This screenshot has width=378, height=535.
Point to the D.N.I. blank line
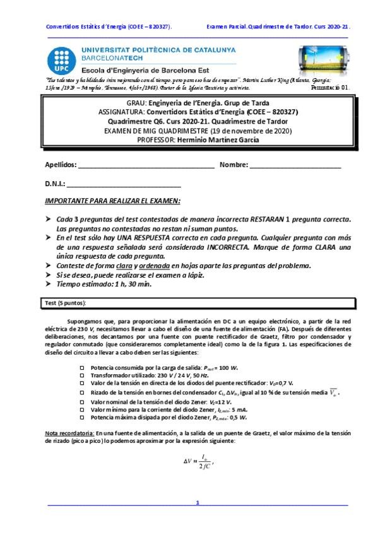pyautogui.click(x=123, y=185)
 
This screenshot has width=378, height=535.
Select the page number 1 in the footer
pyautogui.click(x=198, y=503)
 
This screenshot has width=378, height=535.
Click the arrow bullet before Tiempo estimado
pyautogui.click(x=49, y=283)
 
